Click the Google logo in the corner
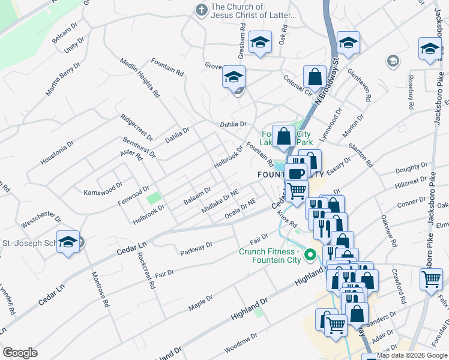coord(20,353)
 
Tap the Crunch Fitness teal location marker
coord(310,256)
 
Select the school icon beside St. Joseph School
coord(68,242)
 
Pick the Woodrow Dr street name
coord(240,340)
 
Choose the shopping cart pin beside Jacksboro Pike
coord(431,280)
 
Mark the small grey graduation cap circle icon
coord(393,61)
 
